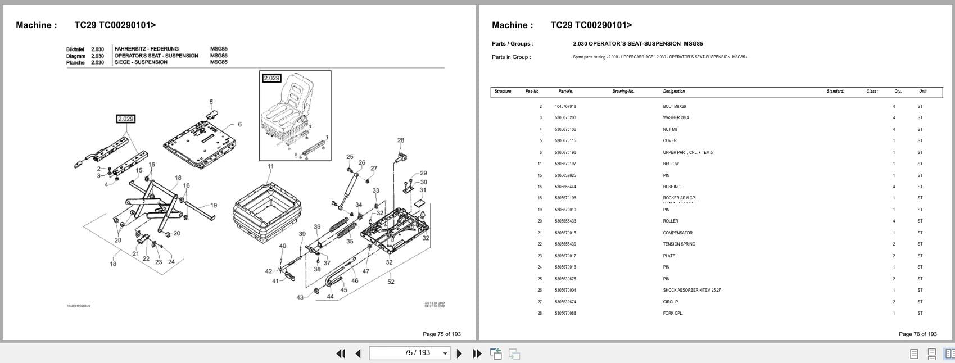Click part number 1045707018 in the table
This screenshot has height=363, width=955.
pos(565,106)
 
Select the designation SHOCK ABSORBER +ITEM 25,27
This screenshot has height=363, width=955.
pos(691,291)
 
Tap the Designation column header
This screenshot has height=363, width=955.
pos(673,91)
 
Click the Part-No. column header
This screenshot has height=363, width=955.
pos(565,91)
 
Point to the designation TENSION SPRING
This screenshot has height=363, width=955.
pos(679,244)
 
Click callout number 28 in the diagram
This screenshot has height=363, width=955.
pos(400,140)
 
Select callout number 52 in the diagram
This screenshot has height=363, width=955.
pos(391,282)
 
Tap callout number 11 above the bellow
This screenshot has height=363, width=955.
pos(270,166)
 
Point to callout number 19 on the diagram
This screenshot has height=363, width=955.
pos(214,206)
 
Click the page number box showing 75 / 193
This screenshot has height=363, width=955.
pos(409,353)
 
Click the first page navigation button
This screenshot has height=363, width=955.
pos(341,353)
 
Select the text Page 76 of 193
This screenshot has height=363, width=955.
pos(917,334)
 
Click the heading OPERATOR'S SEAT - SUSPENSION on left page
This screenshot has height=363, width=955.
pos(156,56)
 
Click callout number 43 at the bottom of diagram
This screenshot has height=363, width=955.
pos(300,297)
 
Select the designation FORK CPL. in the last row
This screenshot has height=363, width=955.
pos(672,313)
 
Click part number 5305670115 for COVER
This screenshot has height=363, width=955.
pos(565,140)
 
